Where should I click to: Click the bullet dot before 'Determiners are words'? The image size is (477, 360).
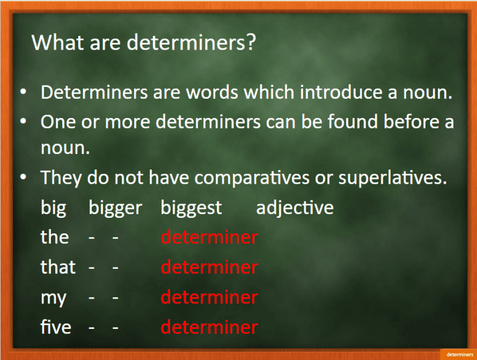[x=24, y=92]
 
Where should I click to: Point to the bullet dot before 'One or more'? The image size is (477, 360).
[x=24, y=122]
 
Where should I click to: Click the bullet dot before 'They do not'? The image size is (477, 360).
[x=24, y=178]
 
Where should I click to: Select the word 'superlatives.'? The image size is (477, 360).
[x=393, y=178]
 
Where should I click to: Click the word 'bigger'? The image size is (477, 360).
[x=116, y=208]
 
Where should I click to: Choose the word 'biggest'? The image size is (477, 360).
[x=191, y=208]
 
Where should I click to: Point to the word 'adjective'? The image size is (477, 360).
[x=294, y=208]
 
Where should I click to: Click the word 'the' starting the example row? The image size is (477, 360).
[x=55, y=237]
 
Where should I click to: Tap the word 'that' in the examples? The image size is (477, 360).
[x=58, y=267]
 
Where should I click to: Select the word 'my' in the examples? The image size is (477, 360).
[x=53, y=298]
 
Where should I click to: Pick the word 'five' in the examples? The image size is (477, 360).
[x=56, y=326]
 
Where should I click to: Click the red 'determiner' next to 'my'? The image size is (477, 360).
[x=209, y=297]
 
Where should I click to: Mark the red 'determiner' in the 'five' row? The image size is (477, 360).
[x=209, y=326]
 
